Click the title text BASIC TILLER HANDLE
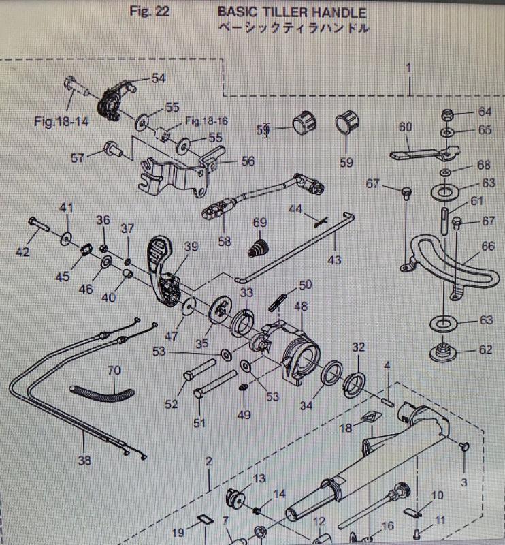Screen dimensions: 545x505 tap(291, 12)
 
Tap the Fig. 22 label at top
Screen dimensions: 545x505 tap(149, 12)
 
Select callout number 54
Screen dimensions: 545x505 tap(158, 78)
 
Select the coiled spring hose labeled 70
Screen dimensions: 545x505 tap(103, 392)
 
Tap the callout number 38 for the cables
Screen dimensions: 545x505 tap(84, 460)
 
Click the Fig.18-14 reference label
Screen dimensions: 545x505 tap(62, 122)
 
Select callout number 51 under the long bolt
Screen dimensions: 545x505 tap(199, 423)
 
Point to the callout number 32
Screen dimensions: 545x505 tap(359, 347)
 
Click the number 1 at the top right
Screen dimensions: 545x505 tap(409, 67)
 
